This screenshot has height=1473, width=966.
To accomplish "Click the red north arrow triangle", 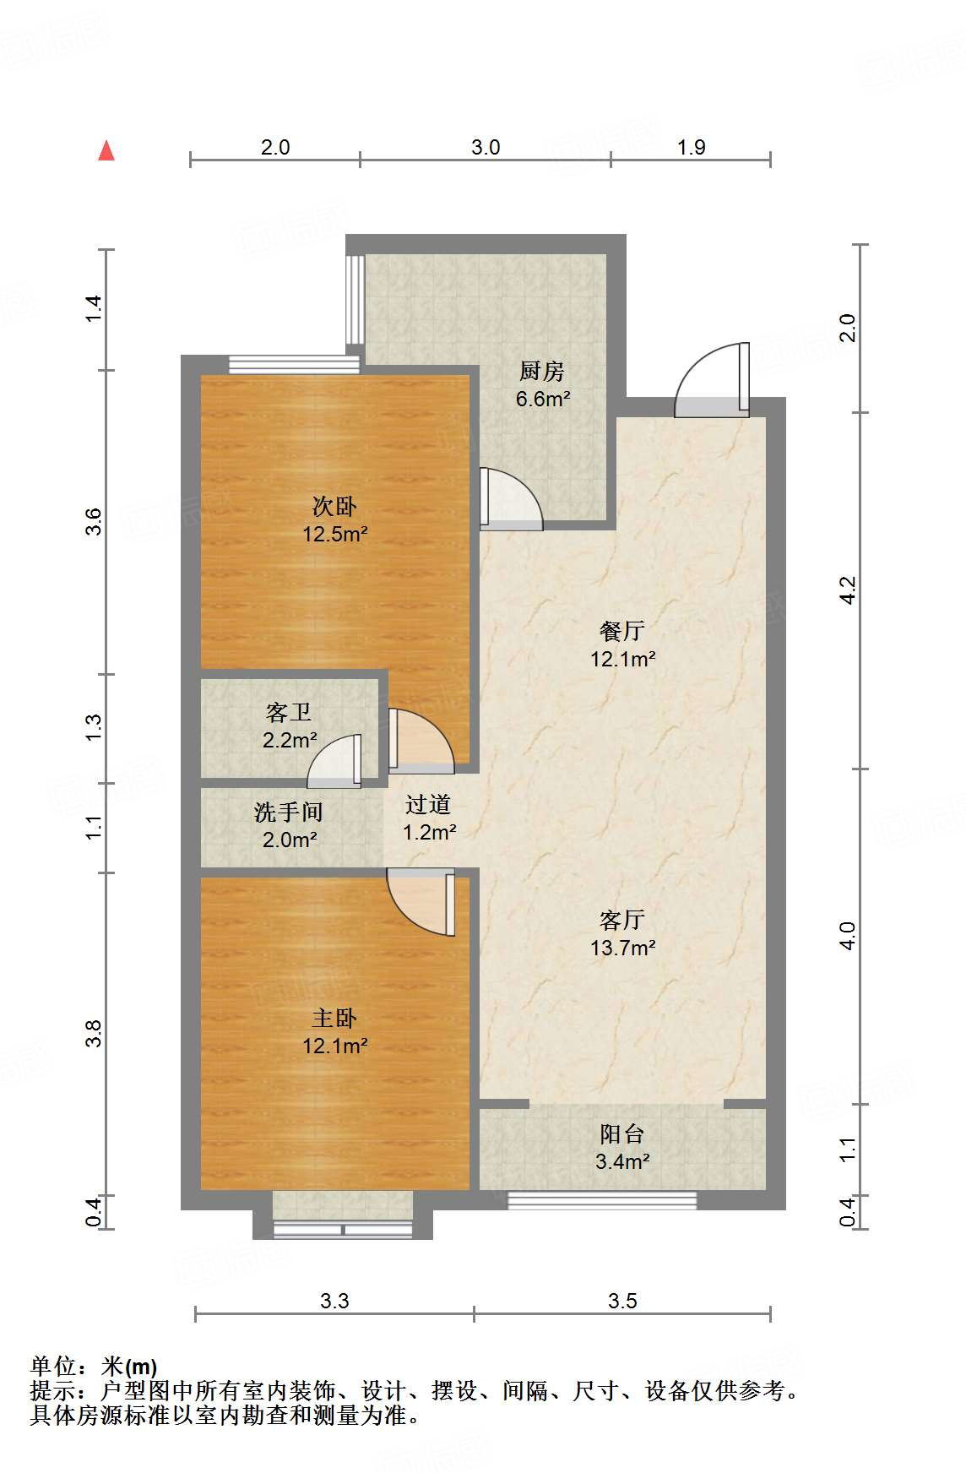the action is [x=106, y=150].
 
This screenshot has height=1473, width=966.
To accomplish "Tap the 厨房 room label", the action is [x=541, y=370].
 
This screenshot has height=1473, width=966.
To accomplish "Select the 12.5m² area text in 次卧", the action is [x=335, y=534].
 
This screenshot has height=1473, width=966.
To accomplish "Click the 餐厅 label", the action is [x=622, y=631].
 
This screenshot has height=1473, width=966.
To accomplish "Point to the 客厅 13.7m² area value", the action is [x=623, y=948].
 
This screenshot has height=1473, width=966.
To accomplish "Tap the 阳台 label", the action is [x=622, y=1134].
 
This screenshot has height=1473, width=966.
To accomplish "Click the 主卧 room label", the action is [x=334, y=1019].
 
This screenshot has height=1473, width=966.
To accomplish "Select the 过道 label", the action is [x=428, y=805].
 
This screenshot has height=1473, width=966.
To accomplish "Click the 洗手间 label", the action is [x=289, y=813].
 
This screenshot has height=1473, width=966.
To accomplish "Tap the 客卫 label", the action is [x=289, y=713].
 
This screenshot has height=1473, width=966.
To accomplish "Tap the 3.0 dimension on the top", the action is [x=486, y=147].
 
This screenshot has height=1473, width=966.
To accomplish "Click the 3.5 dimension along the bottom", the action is [x=622, y=1301].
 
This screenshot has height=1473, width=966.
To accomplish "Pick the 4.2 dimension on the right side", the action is [x=848, y=590].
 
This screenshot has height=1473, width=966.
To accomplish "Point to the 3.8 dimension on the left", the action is [x=93, y=1034].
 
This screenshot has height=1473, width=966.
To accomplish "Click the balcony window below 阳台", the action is [x=601, y=1199].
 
